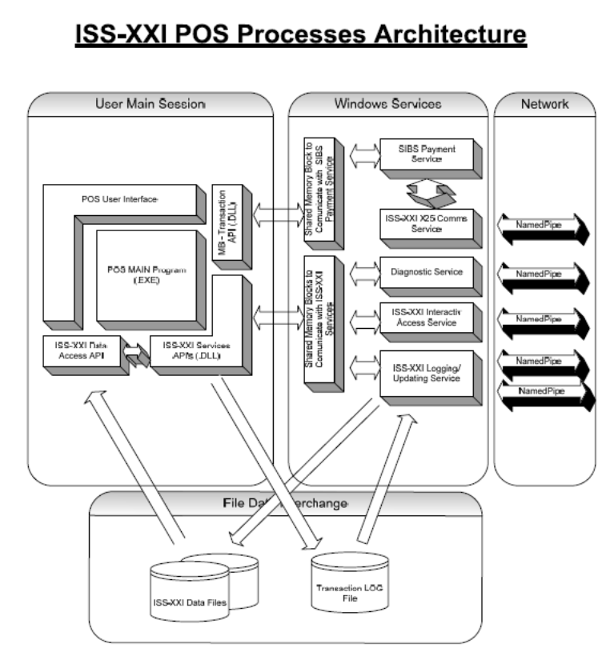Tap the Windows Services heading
coord(387,105)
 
